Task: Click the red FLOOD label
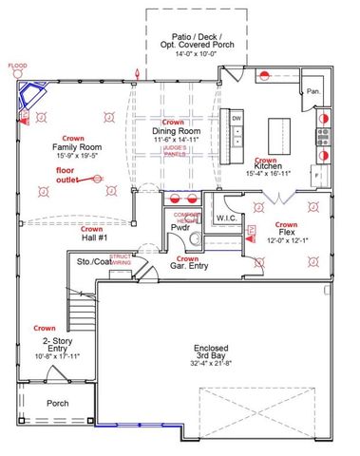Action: tap(18, 66)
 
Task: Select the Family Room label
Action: tap(77, 148)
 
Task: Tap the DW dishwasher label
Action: tap(237, 118)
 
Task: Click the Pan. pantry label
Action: tap(312, 92)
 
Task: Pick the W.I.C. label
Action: tap(226, 218)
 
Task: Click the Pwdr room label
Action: tap(181, 228)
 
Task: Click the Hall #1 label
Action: tap(92, 237)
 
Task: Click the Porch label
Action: tap(59, 403)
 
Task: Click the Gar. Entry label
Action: tap(187, 267)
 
